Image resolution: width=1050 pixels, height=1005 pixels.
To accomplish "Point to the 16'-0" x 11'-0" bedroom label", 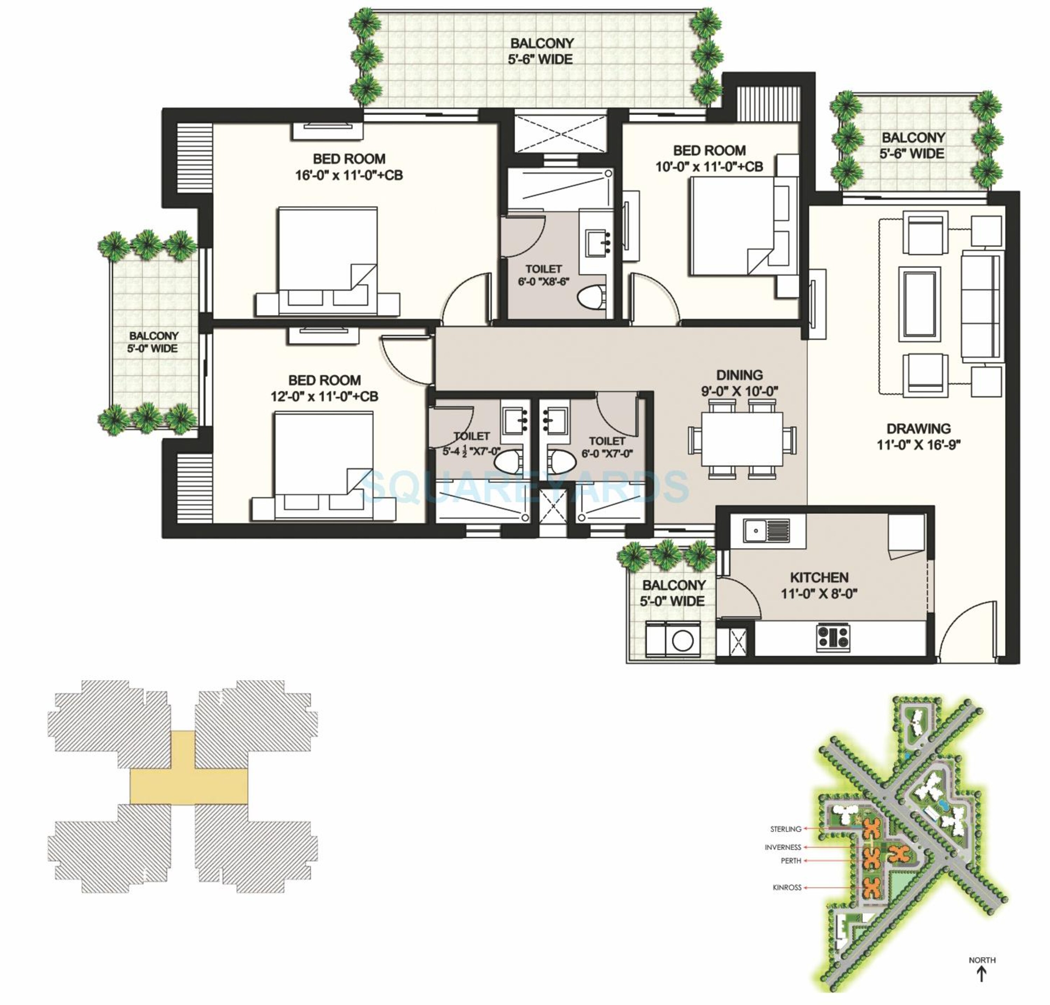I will pos(349,167).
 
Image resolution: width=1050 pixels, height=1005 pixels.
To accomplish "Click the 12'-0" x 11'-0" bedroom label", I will pos(324,388).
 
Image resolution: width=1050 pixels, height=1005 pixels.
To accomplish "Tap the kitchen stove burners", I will pos(833,637).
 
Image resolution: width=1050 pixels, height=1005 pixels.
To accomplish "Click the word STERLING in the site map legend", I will pos(785,829).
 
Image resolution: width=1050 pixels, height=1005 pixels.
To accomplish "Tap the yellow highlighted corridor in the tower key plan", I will pos(189,787).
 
